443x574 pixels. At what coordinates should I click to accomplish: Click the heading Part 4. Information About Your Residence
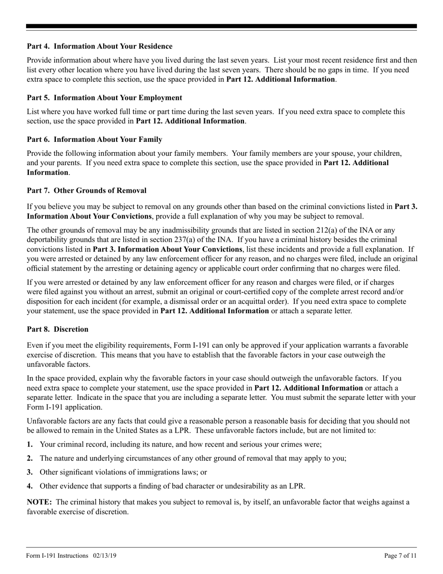[x=99, y=46]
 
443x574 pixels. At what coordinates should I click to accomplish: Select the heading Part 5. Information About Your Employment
[x=104, y=98]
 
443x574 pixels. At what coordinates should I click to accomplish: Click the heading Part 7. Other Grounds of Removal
[x=87, y=190]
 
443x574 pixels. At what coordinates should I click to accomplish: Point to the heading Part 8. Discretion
[x=58, y=329]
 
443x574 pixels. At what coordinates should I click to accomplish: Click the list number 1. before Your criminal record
[x=30, y=445]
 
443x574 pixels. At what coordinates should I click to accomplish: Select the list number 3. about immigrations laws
[x=30, y=472]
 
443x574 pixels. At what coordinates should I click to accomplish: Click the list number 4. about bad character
[x=30, y=486]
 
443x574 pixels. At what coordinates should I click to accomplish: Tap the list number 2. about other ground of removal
[x=30, y=458]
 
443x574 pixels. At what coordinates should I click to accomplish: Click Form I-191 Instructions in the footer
[x=57, y=556]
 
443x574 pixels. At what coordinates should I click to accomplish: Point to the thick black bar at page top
[x=221, y=27]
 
